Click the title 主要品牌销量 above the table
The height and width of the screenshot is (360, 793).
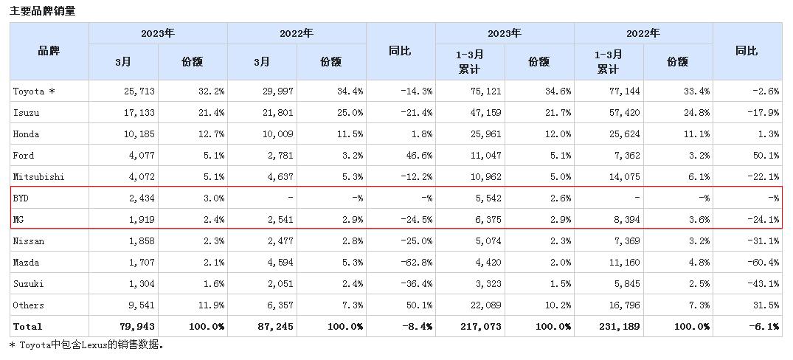click(42, 11)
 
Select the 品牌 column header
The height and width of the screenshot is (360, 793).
click(49, 51)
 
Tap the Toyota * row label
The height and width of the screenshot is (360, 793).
click(34, 91)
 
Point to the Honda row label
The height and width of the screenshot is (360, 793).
click(27, 134)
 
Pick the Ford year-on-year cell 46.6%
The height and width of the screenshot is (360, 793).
click(418, 156)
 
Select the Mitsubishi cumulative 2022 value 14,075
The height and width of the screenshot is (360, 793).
click(625, 177)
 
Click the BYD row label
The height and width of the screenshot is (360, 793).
click(21, 198)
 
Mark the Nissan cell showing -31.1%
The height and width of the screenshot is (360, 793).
click(765, 241)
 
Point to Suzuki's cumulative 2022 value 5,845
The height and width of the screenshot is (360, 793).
click(627, 284)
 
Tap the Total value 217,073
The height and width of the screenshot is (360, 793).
click(483, 327)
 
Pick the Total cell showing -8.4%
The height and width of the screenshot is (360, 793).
click(418, 327)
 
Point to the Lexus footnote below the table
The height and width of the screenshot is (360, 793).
click(87, 345)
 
